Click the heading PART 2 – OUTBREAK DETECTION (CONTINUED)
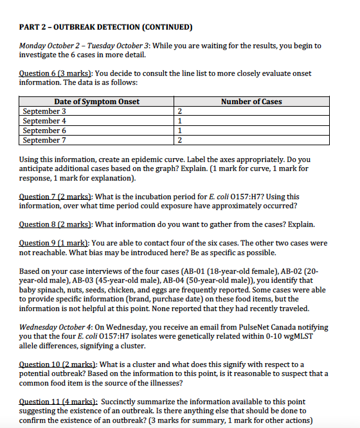[x=106, y=27]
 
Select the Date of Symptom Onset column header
[x=96, y=102]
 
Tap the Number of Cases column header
[x=251, y=102]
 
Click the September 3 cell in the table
[x=44, y=111]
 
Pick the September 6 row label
[x=44, y=130]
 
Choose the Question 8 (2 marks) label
[x=55, y=224]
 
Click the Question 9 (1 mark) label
[x=54, y=243]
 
